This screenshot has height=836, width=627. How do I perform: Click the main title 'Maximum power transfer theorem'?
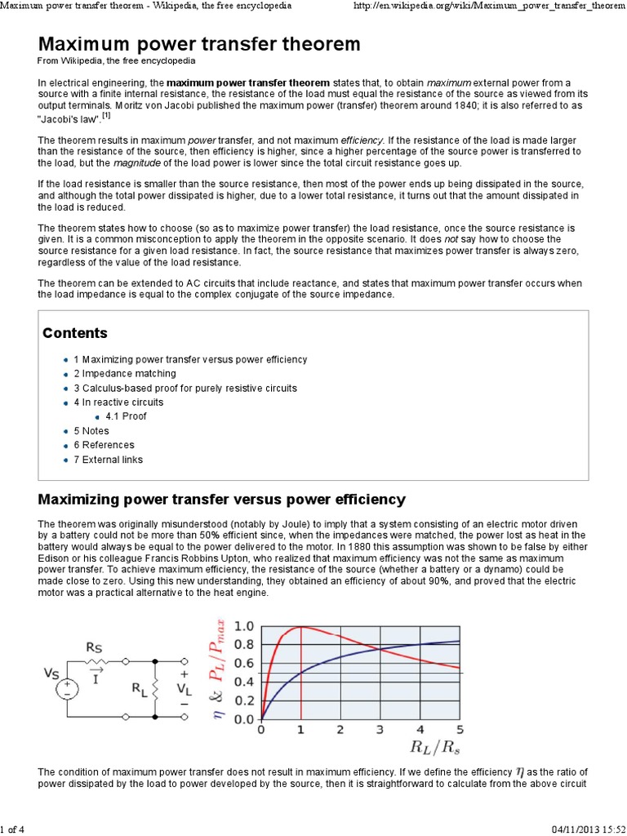click(199, 43)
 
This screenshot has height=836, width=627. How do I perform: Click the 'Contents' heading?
click(74, 333)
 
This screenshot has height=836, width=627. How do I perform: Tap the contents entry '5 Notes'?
click(91, 431)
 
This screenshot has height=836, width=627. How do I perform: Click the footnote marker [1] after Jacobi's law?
click(106, 116)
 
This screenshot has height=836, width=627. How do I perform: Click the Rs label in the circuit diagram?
click(95, 647)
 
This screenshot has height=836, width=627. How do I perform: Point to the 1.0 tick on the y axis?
click(244, 627)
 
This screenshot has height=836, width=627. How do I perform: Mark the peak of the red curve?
click(301, 626)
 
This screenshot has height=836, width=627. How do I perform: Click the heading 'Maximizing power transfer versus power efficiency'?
click(221, 498)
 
